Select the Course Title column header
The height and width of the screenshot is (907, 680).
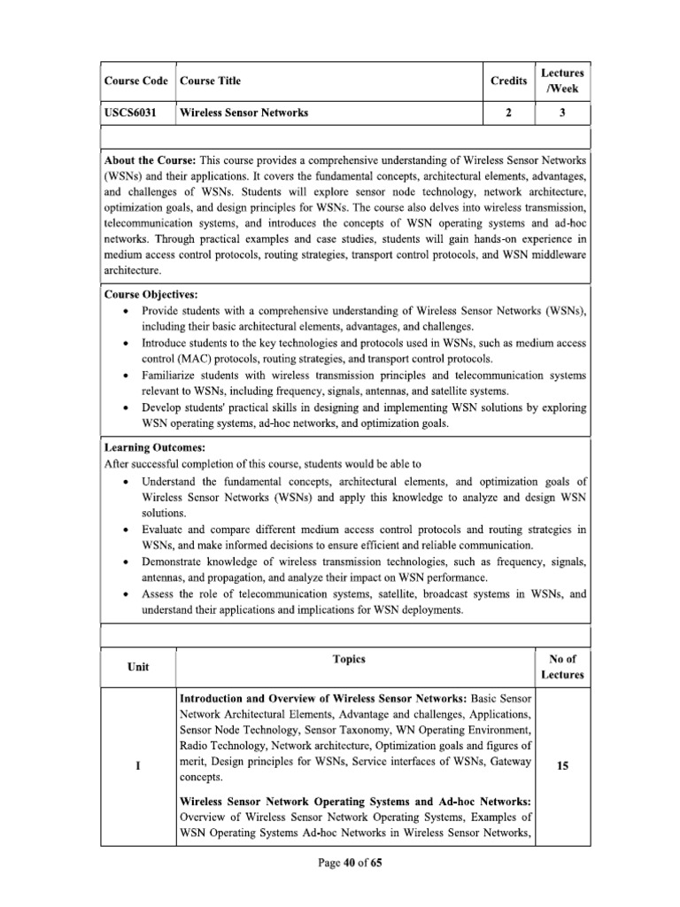pos(210,81)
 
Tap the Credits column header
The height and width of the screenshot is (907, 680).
pos(507,81)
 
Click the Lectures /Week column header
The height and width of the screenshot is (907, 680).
pos(562,81)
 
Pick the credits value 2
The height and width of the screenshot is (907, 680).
pos(507,113)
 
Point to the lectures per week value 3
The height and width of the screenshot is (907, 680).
pos(562,113)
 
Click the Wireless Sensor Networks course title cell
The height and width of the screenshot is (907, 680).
pos(243,113)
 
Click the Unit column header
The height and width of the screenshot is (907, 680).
pos(138,667)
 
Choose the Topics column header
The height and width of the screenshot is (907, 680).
pos(349,660)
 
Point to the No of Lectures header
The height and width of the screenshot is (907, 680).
pos(562,667)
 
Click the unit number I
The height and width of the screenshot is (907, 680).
pos(138,765)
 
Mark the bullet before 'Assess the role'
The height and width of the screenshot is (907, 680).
pos(129,594)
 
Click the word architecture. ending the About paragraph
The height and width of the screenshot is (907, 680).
pos(132,272)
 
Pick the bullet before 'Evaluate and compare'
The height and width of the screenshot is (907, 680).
pos(129,530)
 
